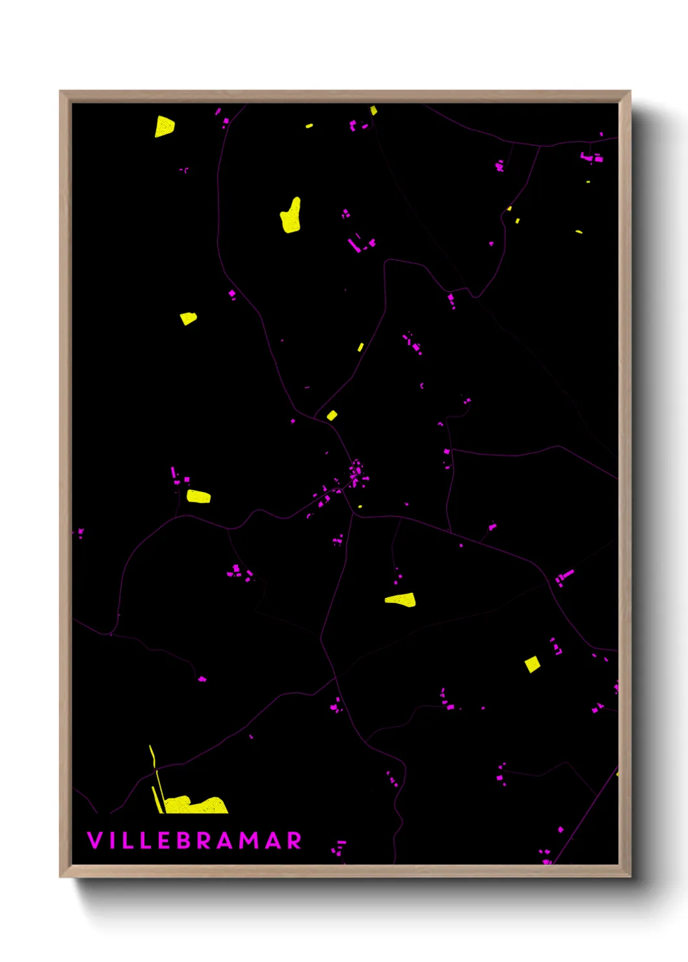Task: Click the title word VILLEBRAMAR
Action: pos(194,840)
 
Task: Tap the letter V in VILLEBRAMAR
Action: pos(94,840)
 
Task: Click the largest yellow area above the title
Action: pos(195,805)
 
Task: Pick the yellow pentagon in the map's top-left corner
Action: pos(164,126)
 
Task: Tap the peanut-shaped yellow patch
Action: pos(291,216)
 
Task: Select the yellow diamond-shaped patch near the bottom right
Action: pos(533,664)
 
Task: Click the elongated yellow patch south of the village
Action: pos(401,599)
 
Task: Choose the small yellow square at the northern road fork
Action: pos(332,415)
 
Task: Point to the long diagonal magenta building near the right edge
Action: pos(564,576)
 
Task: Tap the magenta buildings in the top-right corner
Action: pos(592,157)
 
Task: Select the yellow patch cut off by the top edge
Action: pos(373,110)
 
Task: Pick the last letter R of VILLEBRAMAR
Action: pos(294,840)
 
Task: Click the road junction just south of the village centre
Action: pos(353,514)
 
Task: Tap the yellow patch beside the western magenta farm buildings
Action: pos(198,497)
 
